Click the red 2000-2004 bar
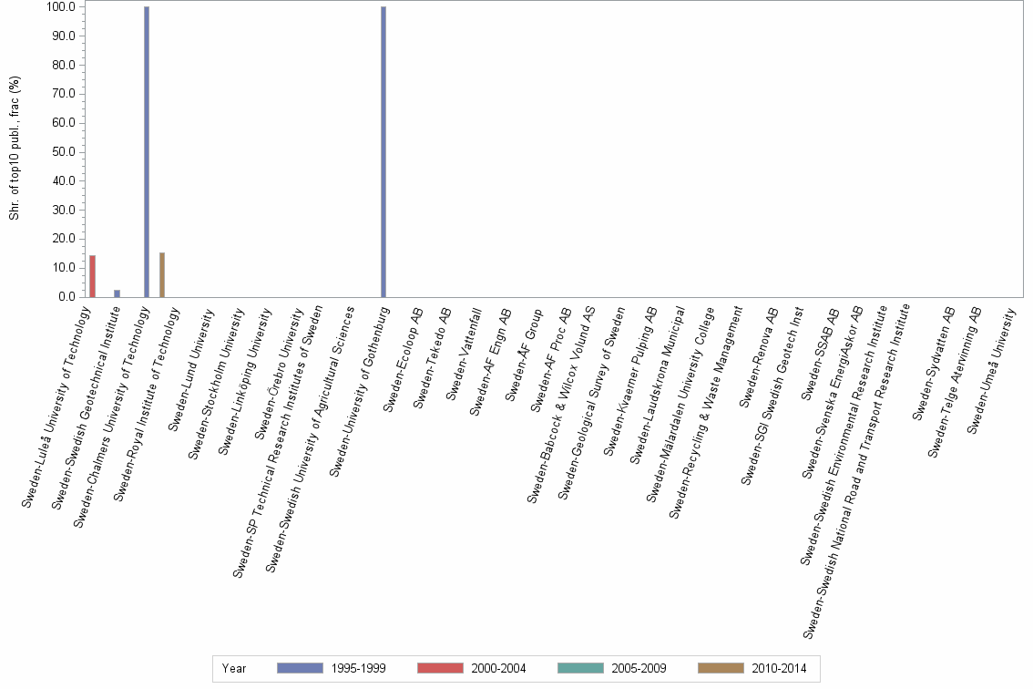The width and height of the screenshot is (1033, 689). [92, 276]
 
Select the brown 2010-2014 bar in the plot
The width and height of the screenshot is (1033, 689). [162, 274]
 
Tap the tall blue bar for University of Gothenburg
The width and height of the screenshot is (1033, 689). [384, 151]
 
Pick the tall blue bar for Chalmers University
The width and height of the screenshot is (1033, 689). [147, 151]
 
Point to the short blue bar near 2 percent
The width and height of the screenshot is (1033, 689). [117, 293]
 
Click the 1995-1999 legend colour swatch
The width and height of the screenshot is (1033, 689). [300, 668]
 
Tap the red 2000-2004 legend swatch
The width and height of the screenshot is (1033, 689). [440, 668]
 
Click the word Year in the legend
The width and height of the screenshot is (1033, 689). [234, 668]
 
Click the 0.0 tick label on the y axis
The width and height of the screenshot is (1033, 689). [66, 297]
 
